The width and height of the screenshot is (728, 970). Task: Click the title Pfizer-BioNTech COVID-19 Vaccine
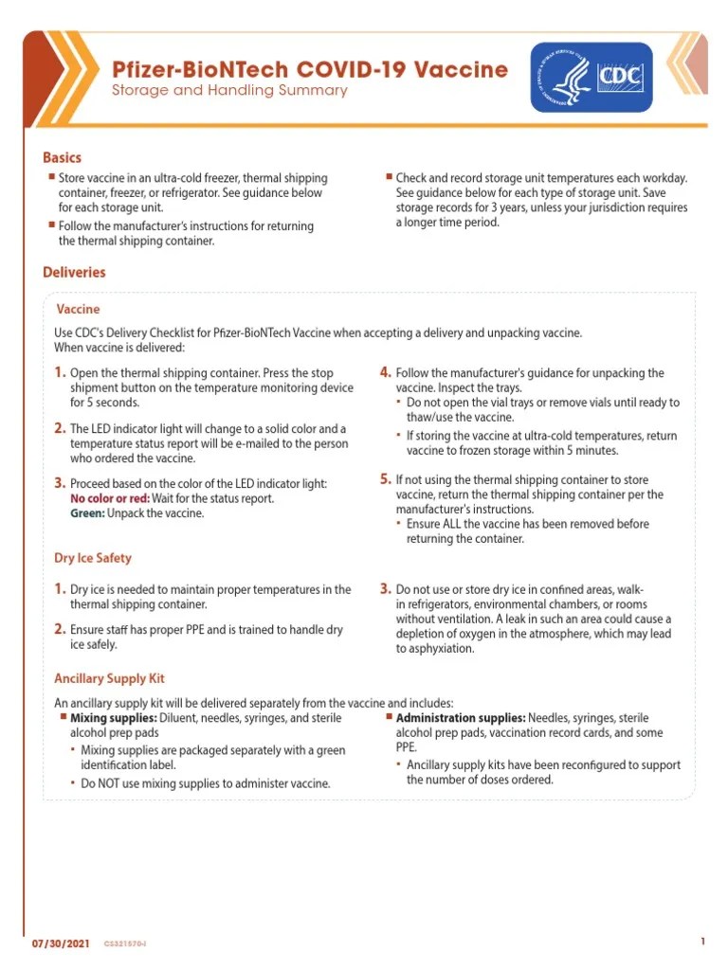click(310, 69)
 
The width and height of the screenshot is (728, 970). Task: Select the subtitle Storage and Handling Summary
click(229, 91)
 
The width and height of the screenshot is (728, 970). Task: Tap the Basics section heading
click(62, 158)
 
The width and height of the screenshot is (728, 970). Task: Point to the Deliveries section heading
click(74, 273)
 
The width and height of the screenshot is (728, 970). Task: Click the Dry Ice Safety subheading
click(93, 558)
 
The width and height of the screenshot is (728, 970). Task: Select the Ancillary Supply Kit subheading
click(109, 678)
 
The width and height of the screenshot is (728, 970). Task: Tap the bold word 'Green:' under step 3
click(87, 513)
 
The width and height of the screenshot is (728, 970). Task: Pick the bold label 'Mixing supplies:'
click(112, 718)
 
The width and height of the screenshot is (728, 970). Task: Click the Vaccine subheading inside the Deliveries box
click(78, 309)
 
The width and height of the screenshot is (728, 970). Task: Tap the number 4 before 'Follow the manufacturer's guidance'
click(385, 372)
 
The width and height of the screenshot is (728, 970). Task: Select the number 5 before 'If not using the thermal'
click(385, 478)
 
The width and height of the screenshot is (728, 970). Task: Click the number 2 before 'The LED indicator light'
click(60, 428)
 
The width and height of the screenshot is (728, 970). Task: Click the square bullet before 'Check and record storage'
click(389, 176)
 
